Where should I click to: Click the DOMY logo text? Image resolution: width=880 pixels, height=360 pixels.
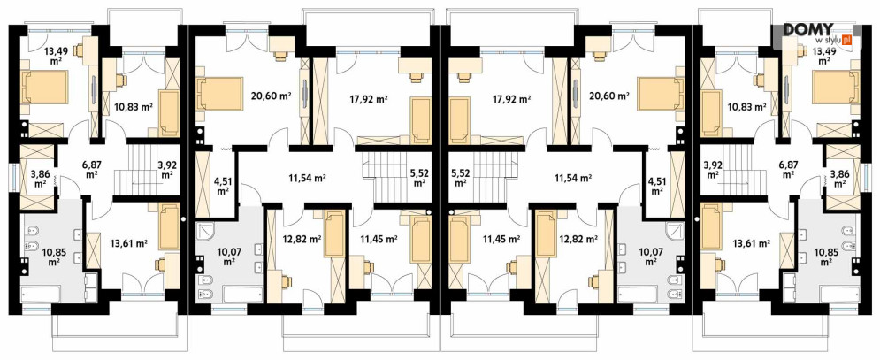tap(807, 30)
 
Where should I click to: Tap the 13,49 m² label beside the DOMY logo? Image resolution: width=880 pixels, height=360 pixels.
tap(824, 56)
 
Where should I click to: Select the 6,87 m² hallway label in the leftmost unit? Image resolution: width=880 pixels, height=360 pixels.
tap(92, 167)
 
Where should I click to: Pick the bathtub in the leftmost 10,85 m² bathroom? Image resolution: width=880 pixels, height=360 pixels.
tap(50, 295)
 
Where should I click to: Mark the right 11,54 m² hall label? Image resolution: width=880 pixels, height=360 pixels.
tap(573, 178)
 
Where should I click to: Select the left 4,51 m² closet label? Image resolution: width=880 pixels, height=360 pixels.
tap(223, 185)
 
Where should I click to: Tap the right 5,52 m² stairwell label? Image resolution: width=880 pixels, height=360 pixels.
tap(460, 178)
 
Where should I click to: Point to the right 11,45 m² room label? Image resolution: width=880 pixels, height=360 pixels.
tap(501, 239)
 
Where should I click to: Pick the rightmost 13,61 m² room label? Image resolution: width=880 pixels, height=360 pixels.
tap(752, 243)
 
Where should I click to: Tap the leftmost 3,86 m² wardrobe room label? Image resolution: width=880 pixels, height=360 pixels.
tap(39, 178)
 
